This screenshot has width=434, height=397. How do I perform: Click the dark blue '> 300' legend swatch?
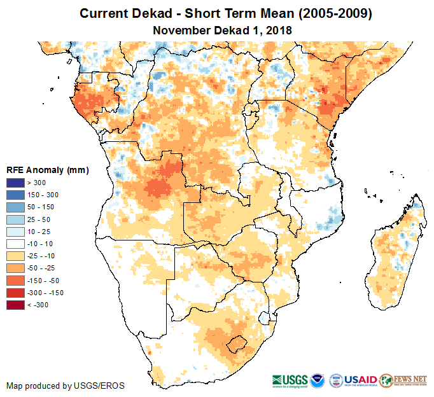pyautogui.click(x=15, y=183)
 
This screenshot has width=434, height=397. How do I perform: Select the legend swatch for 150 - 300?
pyautogui.click(x=15, y=195)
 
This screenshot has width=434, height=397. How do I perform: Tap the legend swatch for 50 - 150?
pyautogui.click(x=15, y=207)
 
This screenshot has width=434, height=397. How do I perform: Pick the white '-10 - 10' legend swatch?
pyautogui.click(x=15, y=244)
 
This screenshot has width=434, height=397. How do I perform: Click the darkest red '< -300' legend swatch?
pyautogui.click(x=15, y=305)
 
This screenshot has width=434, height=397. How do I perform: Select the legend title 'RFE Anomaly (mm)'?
pyautogui.click(x=47, y=171)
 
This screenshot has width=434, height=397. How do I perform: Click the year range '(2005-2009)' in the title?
pyautogui.click(x=326, y=13)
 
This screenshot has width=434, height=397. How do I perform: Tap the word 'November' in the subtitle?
pyautogui.click(x=180, y=30)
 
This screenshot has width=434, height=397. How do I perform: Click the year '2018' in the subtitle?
pyautogui.click(x=278, y=30)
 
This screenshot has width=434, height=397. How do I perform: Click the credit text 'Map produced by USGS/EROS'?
pyautogui.click(x=66, y=386)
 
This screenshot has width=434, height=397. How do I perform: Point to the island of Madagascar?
pyautogui.click(x=395, y=254)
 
